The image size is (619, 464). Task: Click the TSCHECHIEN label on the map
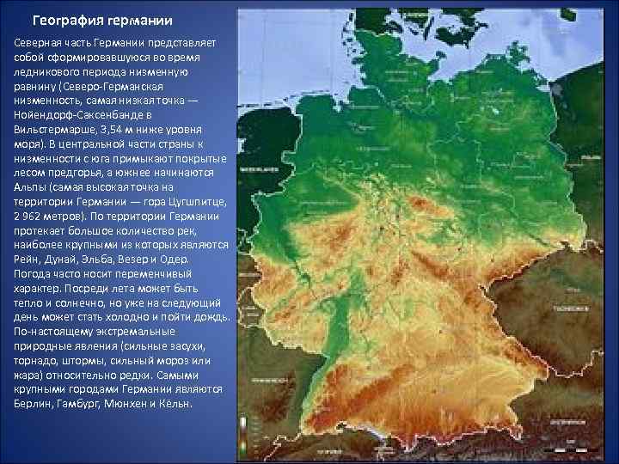coord(569,307)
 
